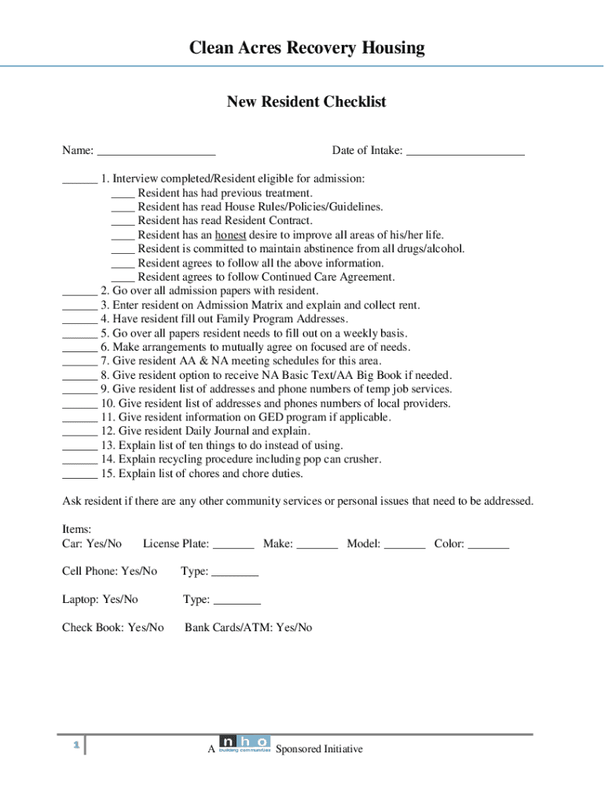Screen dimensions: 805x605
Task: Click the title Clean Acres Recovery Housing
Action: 306,48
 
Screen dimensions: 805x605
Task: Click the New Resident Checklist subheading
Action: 306,102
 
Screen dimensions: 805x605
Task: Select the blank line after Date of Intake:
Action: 466,152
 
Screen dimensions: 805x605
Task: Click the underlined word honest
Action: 231,235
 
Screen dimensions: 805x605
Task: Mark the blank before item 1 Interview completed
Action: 79,179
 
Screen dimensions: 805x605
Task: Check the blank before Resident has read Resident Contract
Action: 123,222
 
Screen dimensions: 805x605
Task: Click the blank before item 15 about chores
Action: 79,474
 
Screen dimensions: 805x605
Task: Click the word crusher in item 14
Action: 362,460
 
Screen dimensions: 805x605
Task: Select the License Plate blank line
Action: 233,545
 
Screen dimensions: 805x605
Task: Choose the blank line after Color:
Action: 488,545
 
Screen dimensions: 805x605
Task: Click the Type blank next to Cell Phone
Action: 235,572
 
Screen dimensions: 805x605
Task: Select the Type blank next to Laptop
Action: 237,601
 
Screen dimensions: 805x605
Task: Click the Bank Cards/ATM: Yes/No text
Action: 248,627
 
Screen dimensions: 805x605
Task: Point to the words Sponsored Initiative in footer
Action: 320,749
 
